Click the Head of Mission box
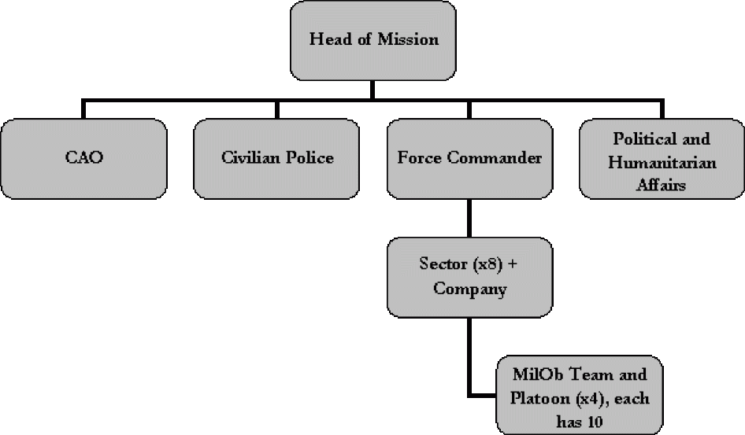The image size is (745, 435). (x=372, y=39)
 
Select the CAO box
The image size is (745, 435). (x=83, y=158)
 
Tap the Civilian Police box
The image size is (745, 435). (x=277, y=158)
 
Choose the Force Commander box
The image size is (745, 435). (x=469, y=158)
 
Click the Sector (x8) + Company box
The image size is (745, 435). (x=469, y=277)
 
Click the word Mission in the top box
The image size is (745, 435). (x=408, y=39)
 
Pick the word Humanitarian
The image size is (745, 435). (x=661, y=163)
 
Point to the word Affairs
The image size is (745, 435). (x=661, y=186)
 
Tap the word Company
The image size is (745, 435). (x=469, y=289)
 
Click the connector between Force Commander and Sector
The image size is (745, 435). (x=469, y=218)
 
